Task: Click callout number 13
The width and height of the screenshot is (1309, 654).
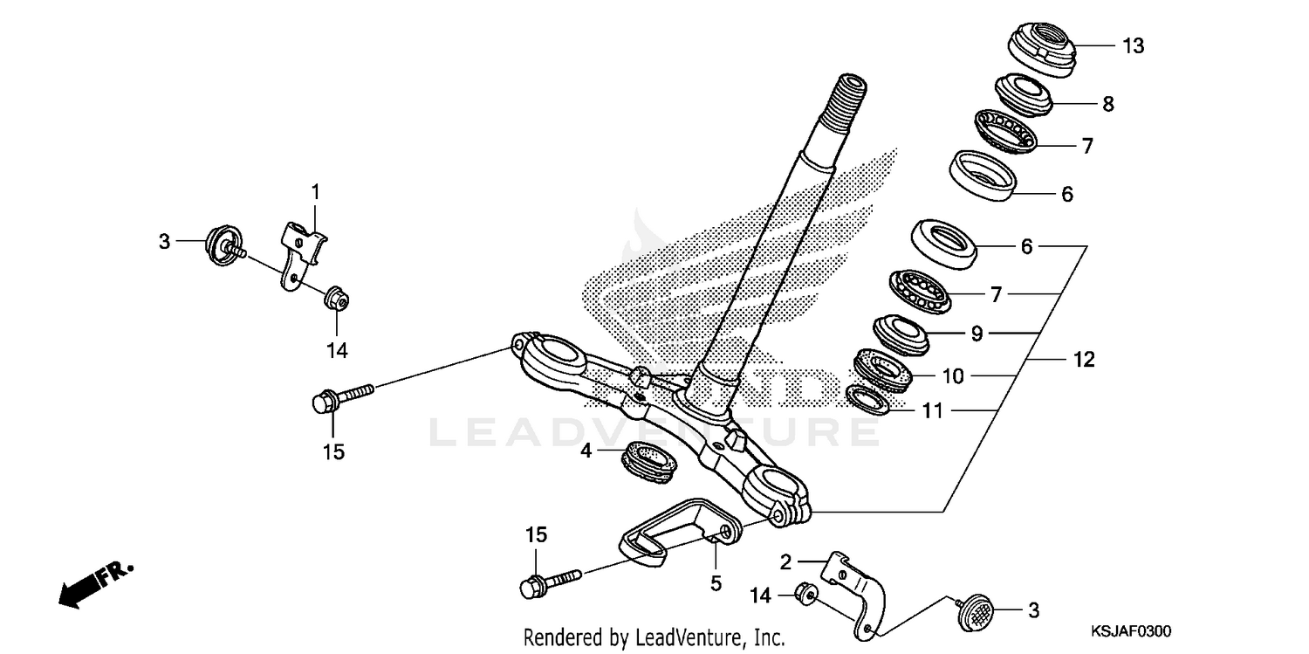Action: point(1133,46)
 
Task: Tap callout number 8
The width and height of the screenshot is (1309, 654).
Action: point(1107,104)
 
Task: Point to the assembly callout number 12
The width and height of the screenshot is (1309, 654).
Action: point(1083,359)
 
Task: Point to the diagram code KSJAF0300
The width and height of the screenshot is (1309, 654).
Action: point(1129,631)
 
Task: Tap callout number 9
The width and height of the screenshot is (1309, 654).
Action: point(977,333)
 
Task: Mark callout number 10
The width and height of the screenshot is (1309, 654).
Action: point(953,375)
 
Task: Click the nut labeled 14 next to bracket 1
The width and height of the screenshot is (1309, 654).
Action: point(334,299)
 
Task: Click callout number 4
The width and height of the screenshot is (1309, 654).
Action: point(586,451)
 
